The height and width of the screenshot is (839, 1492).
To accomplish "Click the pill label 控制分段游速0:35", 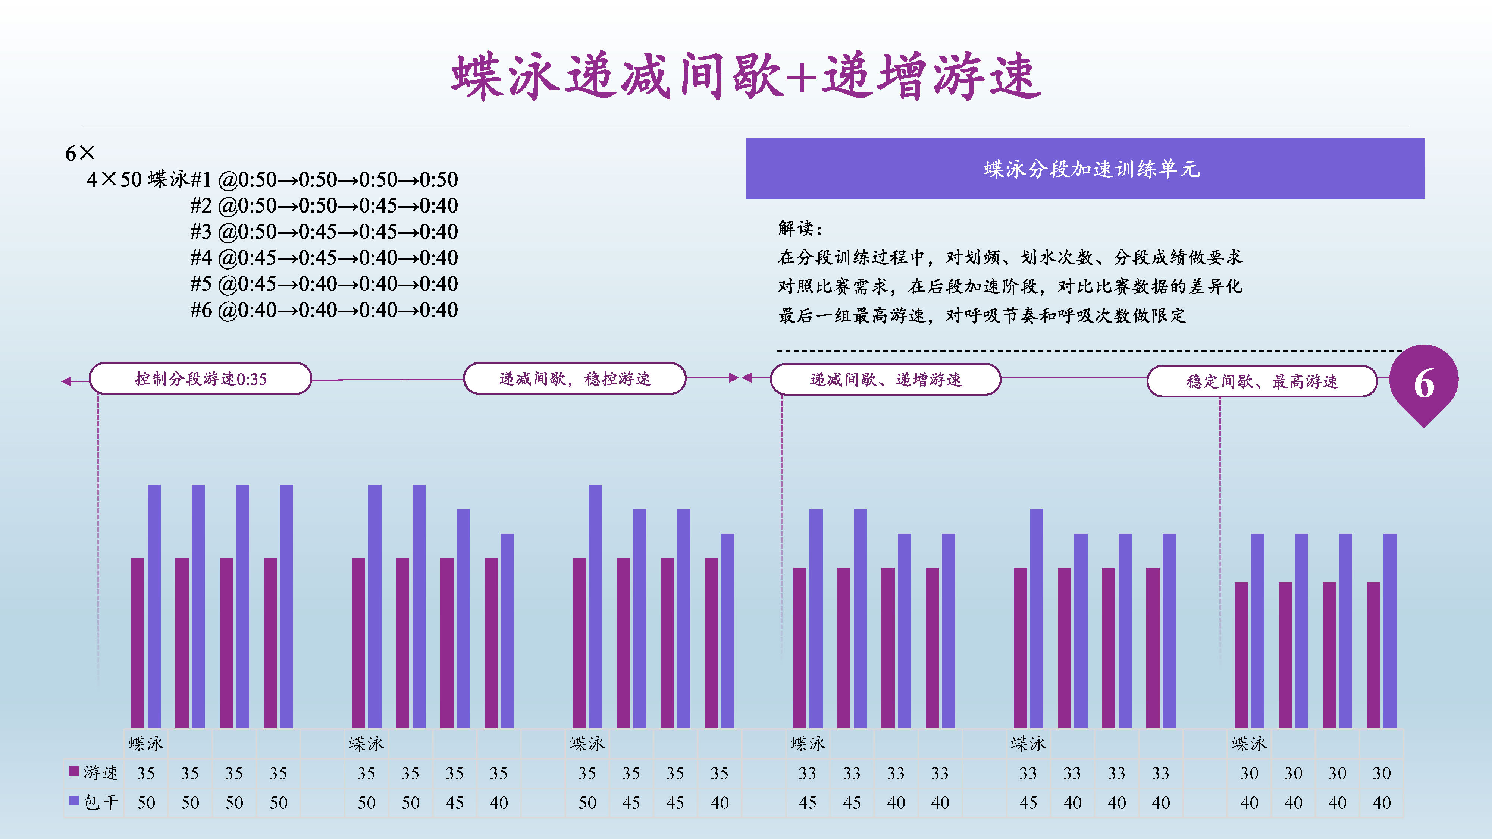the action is [200, 379].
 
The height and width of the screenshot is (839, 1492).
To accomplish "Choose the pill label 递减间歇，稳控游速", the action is [574, 379].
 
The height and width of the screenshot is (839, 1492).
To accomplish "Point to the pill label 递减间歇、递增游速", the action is [886, 379].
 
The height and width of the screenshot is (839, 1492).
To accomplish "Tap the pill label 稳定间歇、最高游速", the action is [1262, 381].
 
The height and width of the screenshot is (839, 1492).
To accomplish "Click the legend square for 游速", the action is [73, 771].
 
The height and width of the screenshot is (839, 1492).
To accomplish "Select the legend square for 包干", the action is [73, 801].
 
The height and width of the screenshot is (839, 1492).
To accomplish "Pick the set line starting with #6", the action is [324, 310].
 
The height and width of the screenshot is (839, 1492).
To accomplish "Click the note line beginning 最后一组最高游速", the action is [982, 315].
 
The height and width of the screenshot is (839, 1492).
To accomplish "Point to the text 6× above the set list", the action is [80, 153].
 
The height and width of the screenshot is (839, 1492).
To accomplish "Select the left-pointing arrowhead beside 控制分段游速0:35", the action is [67, 381].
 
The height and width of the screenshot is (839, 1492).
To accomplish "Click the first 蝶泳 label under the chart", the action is [146, 744].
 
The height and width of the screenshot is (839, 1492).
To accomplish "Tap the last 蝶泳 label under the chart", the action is [1249, 744].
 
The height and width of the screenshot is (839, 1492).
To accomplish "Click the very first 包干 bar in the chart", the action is [154, 606].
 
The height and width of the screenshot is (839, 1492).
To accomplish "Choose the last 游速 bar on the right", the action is [1373, 655].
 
